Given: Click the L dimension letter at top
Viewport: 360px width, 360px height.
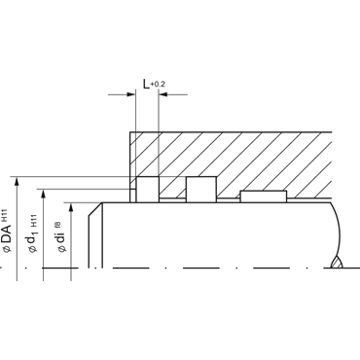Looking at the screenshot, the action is [x=146, y=84].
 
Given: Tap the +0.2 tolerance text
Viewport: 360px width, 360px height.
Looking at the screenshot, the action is [x=158, y=85].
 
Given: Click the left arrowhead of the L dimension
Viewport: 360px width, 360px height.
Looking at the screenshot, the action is [x=131, y=94].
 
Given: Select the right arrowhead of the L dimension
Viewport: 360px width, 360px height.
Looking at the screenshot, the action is [x=162, y=94].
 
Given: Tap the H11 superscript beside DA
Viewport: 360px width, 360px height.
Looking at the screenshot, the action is [x=4, y=215].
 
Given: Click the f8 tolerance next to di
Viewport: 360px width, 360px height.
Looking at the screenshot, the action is [x=57, y=225].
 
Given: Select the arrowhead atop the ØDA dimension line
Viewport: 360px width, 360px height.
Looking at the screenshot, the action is [x=17, y=181].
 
